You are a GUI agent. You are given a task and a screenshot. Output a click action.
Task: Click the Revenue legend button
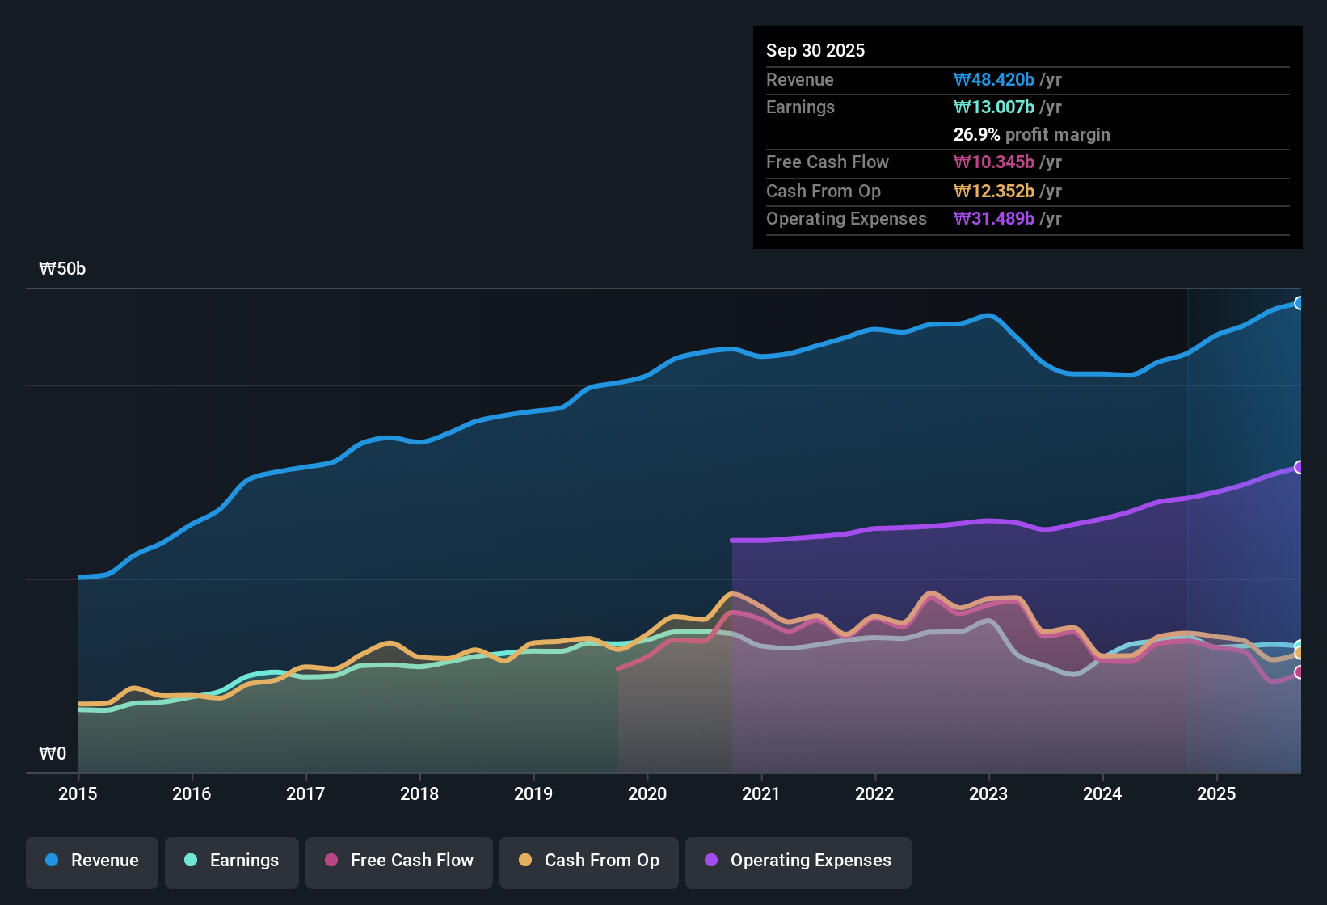tap(92, 861)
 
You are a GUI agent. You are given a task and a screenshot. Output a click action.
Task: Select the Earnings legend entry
tap(232, 861)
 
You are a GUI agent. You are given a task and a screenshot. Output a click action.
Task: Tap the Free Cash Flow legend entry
tap(399, 861)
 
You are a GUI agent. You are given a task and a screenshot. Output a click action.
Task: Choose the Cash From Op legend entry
tap(589, 861)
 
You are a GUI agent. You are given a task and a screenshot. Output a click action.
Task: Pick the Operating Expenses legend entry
tap(798, 861)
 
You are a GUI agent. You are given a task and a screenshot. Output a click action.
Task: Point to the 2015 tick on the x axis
tap(78, 793)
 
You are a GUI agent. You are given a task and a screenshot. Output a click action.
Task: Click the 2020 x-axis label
tap(647, 793)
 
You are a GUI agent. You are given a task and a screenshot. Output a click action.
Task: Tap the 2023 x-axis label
tap(988, 793)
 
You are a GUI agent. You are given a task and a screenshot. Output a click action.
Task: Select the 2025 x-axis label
tap(1216, 793)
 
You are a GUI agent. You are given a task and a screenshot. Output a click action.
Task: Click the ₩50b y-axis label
tap(62, 269)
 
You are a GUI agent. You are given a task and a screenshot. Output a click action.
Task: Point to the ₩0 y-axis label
tap(53, 754)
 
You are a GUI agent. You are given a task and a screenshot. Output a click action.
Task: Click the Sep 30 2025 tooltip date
tap(815, 50)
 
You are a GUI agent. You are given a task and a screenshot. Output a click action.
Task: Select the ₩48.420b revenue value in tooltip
tap(994, 79)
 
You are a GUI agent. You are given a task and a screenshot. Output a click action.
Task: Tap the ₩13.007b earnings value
tap(994, 107)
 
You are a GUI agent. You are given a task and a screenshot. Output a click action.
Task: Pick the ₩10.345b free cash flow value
tap(994, 162)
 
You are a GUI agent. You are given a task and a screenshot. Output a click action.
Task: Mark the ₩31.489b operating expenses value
tap(994, 218)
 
